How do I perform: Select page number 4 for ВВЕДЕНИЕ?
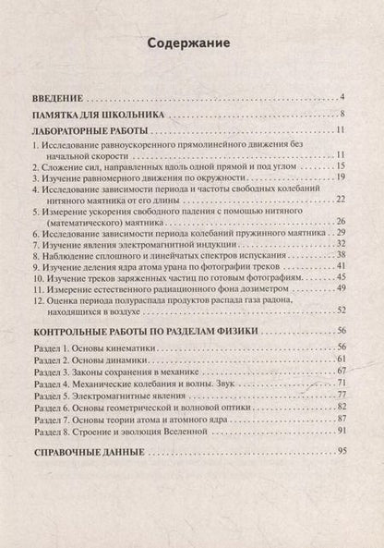(x=342, y=97)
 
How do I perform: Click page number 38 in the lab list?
(x=340, y=254)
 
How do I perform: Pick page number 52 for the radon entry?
(x=340, y=310)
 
